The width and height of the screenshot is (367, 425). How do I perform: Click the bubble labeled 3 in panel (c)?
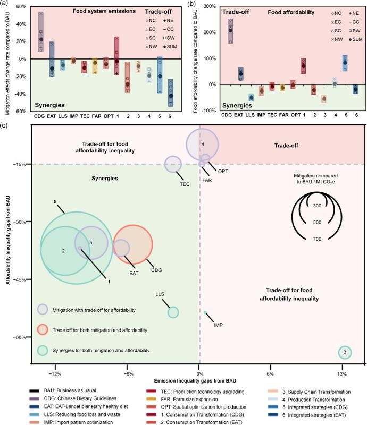coord(345,352)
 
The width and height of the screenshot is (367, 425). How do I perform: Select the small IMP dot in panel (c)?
coord(205,312)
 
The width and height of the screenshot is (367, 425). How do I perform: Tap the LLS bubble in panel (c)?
coord(173,312)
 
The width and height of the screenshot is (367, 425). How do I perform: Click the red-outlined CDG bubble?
coord(136,244)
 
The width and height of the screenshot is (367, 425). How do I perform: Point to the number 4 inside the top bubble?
coord(203,144)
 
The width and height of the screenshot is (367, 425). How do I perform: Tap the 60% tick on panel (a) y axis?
coord(21,7)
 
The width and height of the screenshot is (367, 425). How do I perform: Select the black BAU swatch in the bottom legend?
coord(37,391)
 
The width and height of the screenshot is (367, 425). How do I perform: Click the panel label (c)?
coord(5,125)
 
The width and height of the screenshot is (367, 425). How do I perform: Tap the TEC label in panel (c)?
coord(185,184)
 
